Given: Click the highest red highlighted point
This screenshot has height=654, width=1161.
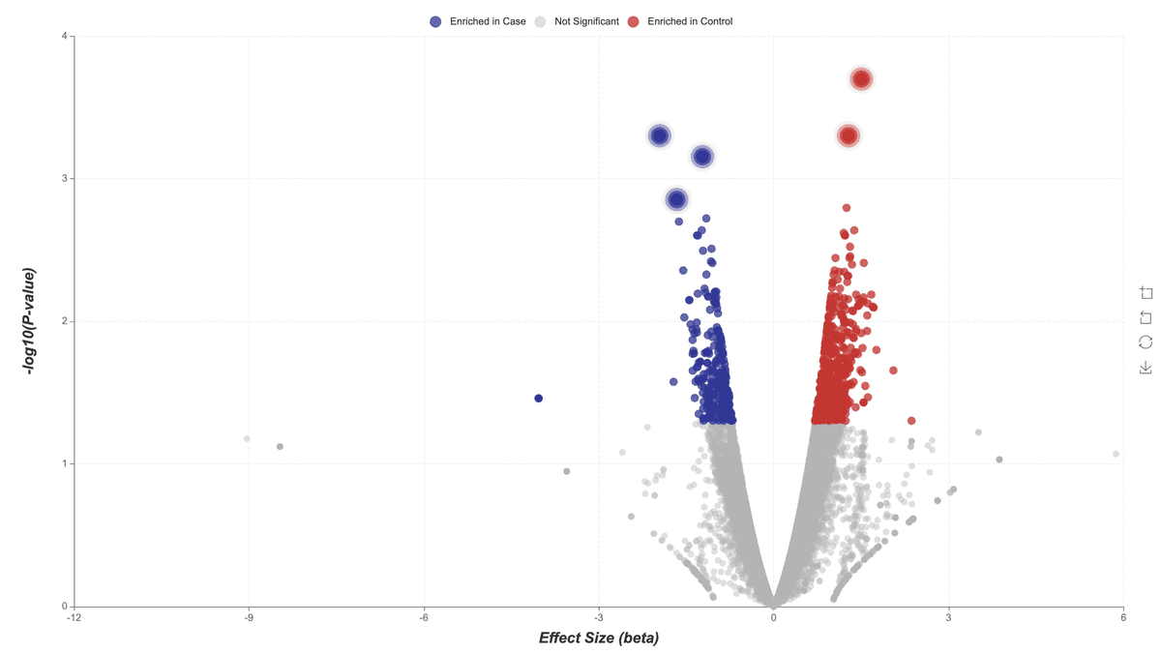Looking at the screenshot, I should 861,78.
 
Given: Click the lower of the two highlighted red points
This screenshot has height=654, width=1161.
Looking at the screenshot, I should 848,135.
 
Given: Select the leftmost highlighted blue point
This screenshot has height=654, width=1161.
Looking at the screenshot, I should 659,135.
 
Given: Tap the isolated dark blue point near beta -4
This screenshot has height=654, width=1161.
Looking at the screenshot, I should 539,399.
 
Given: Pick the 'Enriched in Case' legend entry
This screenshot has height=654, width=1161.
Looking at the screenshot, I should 478,21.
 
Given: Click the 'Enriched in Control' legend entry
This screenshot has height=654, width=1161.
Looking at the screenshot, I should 680,21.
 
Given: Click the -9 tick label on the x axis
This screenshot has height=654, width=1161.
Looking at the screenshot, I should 249,617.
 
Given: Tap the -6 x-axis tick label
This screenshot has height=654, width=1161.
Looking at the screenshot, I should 424,617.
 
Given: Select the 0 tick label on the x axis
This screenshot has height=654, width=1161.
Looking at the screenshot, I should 773,617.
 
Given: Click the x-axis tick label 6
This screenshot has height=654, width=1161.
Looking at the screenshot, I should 1123,617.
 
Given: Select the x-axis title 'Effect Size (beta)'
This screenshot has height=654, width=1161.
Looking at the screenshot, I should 599,639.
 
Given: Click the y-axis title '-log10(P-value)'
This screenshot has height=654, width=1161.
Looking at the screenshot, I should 32,321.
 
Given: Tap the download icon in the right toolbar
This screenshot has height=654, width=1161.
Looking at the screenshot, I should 1146,368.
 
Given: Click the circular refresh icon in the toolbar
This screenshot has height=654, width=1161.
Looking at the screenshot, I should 1146,342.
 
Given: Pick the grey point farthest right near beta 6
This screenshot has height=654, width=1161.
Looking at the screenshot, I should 1116,454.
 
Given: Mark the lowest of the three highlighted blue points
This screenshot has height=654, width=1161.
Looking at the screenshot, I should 676,199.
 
